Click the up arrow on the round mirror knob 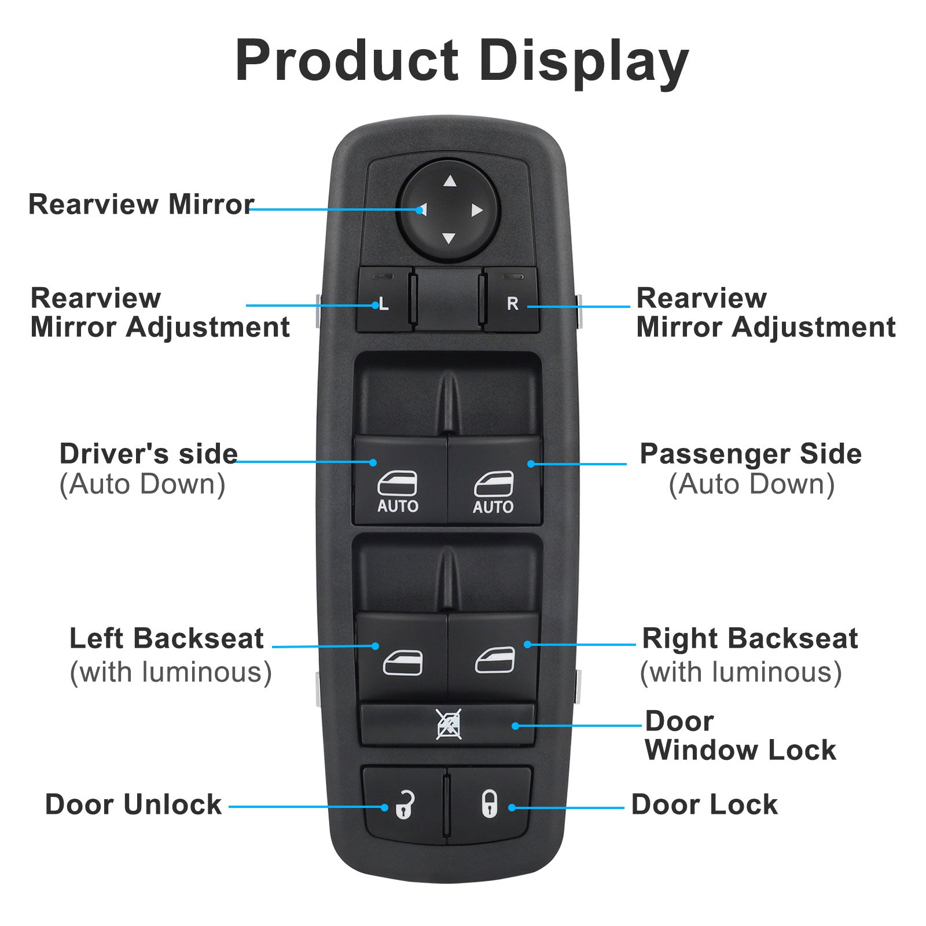click(x=450, y=182)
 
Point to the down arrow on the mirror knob click(x=449, y=238)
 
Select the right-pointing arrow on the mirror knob click(x=476, y=210)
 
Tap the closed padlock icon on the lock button click(x=489, y=804)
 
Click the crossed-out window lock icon click(x=449, y=724)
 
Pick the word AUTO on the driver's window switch click(x=398, y=506)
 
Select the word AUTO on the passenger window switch click(x=493, y=507)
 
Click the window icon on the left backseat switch click(x=403, y=663)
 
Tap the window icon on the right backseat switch click(x=495, y=661)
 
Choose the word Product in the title click(x=347, y=60)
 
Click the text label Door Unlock click(x=133, y=804)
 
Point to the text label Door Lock click(x=704, y=804)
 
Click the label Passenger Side click(x=751, y=454)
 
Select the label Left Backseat click(x=167, y=639)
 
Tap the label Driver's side click(x=149, y=454)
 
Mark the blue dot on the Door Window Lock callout click(x=515, y=726)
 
